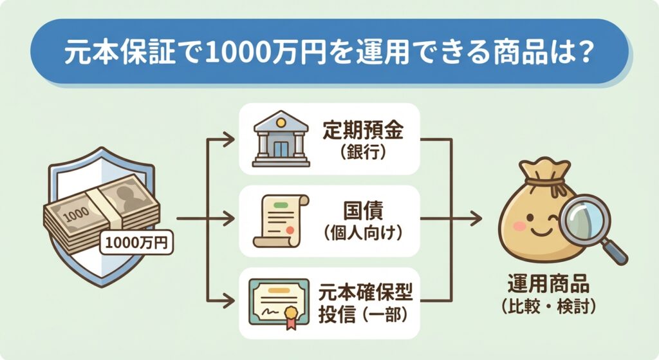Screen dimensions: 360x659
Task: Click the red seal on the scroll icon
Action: click(291, 230)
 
